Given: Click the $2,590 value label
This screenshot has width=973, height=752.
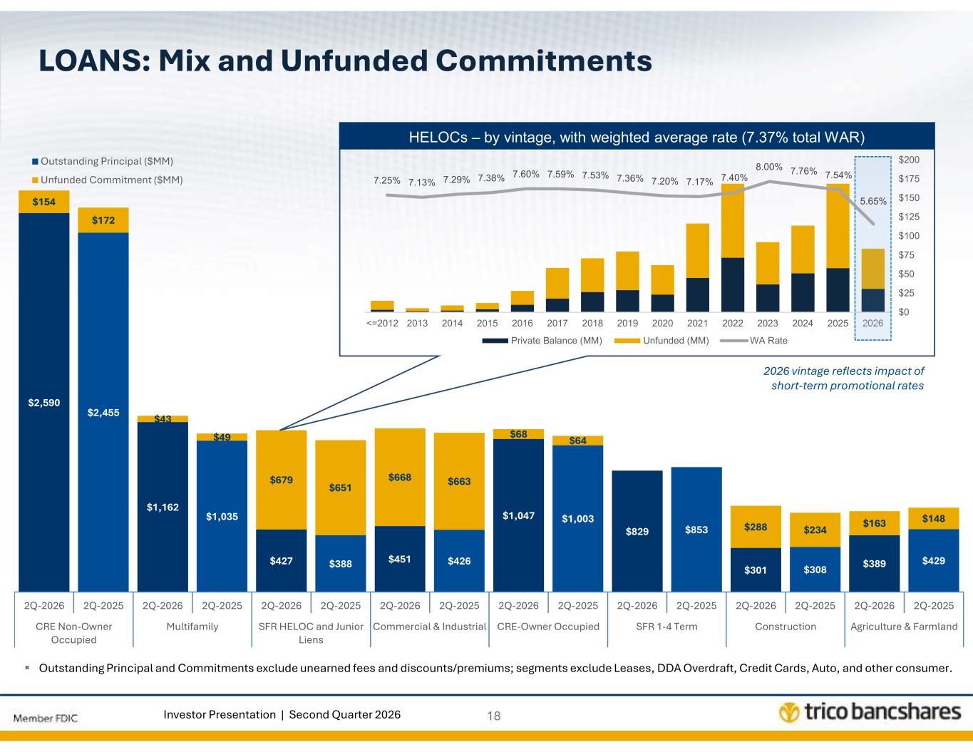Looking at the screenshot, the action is (44, 403).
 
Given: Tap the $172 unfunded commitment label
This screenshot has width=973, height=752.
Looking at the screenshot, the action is (103, 220).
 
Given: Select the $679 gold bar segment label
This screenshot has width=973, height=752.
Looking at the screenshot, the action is (281, 480).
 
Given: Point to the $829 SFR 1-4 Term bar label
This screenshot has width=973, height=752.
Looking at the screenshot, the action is (637, 531).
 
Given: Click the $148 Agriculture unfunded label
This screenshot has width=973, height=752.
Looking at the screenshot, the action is (933, 518).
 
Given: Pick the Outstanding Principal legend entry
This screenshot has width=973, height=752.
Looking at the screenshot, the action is (103, 161).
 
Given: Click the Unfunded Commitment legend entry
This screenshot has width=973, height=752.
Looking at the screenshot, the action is (108, 180).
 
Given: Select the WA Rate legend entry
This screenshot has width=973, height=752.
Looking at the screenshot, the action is (753, 341).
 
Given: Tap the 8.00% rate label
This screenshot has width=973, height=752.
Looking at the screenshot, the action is (769, 167).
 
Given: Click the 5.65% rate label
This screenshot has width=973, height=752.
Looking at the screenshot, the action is (873, 201).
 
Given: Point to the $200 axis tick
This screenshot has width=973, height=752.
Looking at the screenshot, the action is (909, 160).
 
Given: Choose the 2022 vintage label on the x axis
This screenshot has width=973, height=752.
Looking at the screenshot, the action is (733, 323).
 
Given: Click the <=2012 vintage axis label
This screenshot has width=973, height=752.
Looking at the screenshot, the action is (382, 323).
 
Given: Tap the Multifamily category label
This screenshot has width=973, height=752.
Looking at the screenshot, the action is (192, 627).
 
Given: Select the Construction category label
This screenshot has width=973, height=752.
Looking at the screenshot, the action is (786, 627).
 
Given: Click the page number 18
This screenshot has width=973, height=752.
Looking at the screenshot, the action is (493, 716).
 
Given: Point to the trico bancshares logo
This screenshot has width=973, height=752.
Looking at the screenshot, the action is (870, 711).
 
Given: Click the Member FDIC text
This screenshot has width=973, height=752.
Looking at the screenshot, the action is (45, 718).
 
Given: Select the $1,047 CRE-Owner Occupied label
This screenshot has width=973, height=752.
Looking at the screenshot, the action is (518, 515).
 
